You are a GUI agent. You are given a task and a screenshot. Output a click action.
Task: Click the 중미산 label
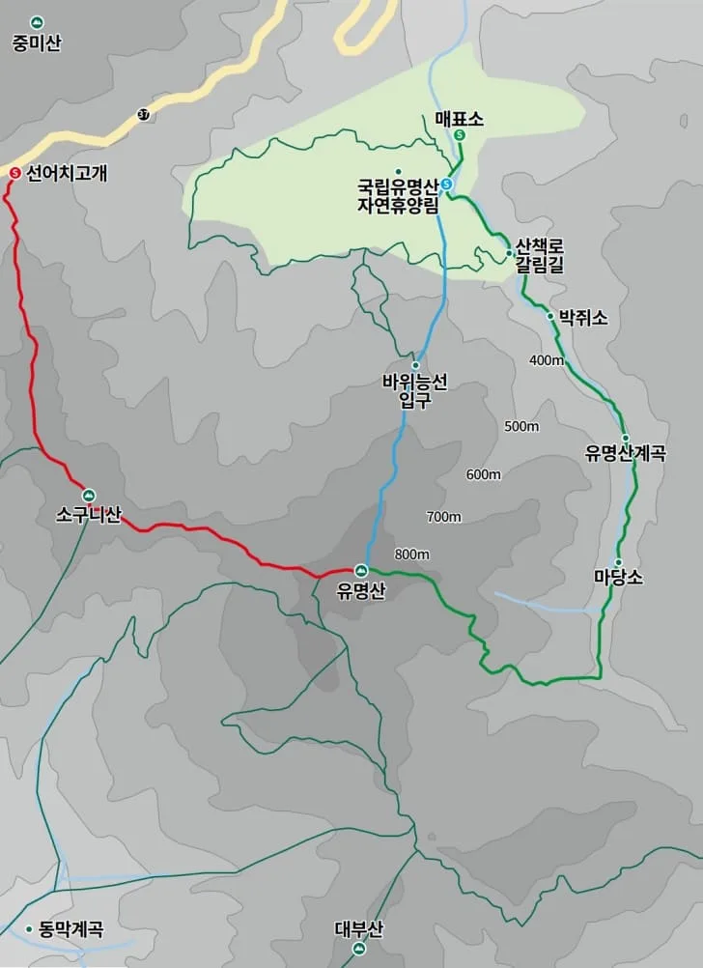pyautogui.click(x=37, y=43)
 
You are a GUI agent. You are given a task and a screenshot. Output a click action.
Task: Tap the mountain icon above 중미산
pyautogui.click(x=37, y=21)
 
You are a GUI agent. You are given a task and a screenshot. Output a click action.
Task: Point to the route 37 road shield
pyautogui.click(x=144, y=114)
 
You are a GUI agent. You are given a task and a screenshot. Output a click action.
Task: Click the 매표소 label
pyautogui.click(x=459, y=118)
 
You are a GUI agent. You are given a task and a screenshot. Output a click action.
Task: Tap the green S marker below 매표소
pyautogui.click(x=460, y=136)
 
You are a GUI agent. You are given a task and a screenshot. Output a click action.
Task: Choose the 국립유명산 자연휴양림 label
pyautogui.click(x=398, y=194)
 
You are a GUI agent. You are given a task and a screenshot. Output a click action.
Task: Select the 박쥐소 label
pyautogui.click(x=583, y=317)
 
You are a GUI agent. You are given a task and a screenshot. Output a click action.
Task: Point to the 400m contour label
pyautogui.click(x=546, y=360)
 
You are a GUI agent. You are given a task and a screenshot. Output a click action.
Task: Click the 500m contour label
pyautogui.click(x=521, y=426)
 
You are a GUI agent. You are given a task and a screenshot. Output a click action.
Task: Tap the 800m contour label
pyautogui.click(x=412, y=554)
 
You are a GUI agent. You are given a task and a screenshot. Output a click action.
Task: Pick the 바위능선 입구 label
pyautogui.click(x=415, y=391)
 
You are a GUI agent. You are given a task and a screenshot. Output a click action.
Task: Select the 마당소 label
pyautogui.click(x=618, y=578)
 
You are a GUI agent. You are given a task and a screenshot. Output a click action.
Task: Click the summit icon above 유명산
pyautogui.click(x=361, y=570)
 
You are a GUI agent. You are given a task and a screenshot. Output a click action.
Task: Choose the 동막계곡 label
pyautogui.click(x=70, y=929)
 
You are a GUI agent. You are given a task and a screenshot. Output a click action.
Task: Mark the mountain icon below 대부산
pyautogui.click(x=359, y=950)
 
